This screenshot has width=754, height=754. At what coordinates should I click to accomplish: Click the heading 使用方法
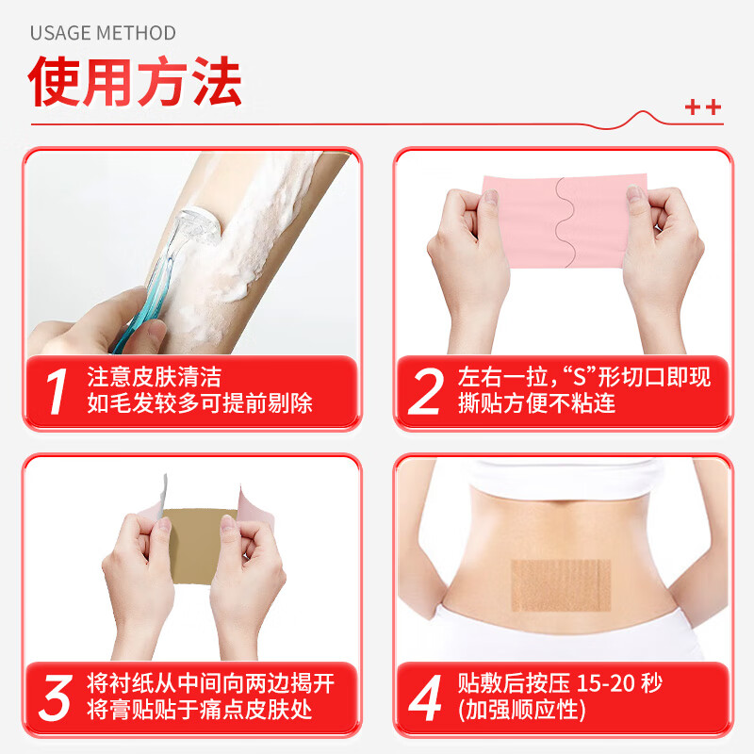point(136,84)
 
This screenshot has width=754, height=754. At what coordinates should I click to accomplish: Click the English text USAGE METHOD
point(103,33)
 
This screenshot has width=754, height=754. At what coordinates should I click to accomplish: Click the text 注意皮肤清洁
point(154,378)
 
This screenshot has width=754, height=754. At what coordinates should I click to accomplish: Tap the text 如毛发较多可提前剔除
point(200,404)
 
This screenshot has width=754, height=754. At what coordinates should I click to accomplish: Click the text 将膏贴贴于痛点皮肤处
point(200,710)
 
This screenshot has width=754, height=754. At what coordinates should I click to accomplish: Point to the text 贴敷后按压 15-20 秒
point(567,683)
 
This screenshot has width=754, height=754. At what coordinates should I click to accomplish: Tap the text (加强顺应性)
point(521,710)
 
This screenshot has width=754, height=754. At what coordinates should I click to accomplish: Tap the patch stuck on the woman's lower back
point(563,584)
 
